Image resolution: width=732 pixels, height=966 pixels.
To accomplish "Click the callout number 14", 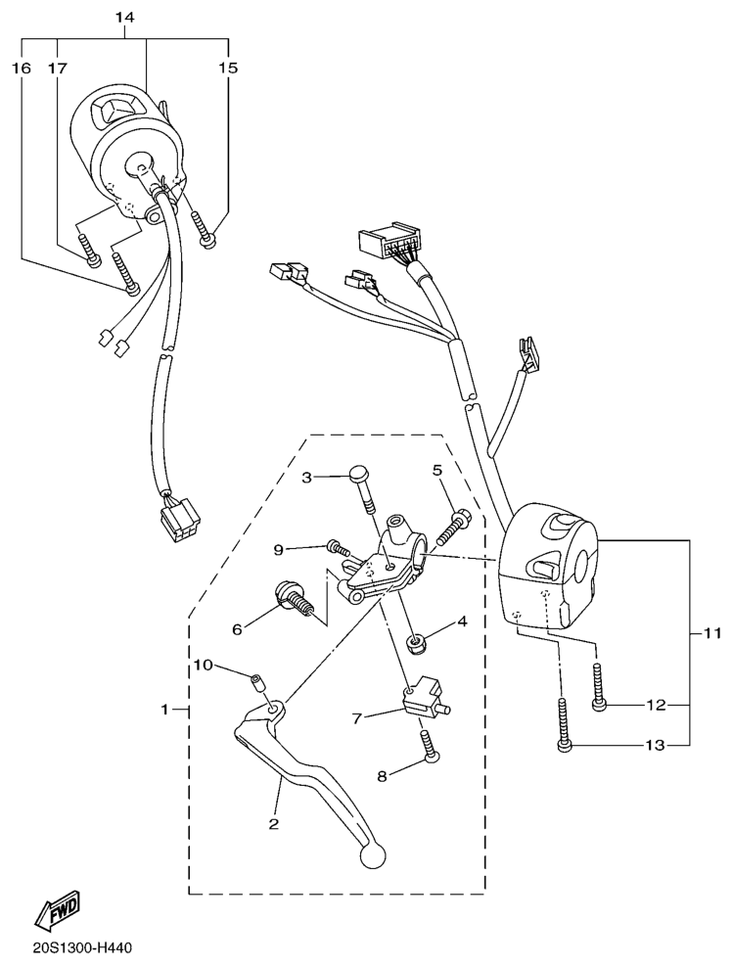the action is point(124,18).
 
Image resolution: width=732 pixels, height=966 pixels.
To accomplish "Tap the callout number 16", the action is point(22,68).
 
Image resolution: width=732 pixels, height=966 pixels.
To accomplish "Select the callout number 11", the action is point(711,633).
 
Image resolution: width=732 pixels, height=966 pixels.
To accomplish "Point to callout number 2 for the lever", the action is point(274,824).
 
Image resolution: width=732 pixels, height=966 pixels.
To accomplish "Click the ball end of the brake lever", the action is point(373,854).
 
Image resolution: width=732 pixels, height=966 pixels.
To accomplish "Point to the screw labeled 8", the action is point(430,744).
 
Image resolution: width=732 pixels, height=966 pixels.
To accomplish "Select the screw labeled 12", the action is point(598,686).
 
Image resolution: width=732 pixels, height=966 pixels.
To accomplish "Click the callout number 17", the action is point(58,68).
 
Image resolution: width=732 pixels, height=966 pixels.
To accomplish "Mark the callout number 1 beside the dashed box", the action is point(164,710).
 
